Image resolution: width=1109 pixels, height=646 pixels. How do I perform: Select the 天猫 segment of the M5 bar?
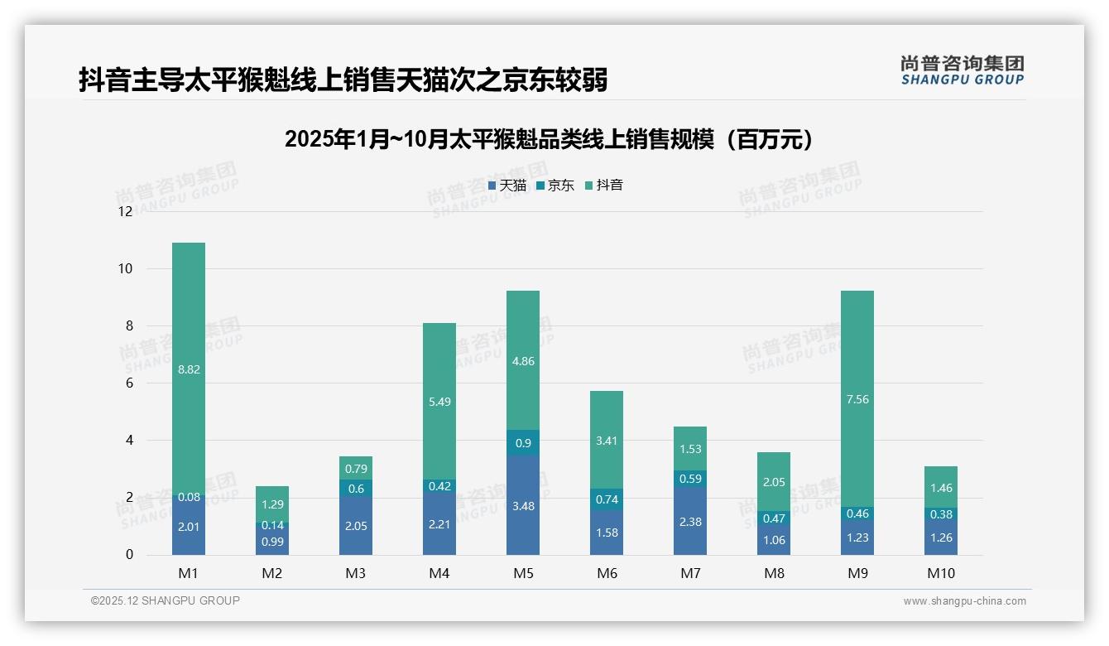click(522, 504)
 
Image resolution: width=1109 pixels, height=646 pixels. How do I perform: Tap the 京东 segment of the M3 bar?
click(356, 489)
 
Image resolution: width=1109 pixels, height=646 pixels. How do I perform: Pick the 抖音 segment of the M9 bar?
click(857, 398)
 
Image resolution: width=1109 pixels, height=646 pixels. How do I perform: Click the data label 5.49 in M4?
click(439, 402)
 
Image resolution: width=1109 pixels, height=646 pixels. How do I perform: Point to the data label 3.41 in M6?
click(607, 441)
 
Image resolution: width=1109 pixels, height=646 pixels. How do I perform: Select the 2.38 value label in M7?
click(690, 521)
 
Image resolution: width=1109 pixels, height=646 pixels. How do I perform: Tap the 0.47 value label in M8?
click(774, 518)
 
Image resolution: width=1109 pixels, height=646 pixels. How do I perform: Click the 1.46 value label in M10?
click(941, 488)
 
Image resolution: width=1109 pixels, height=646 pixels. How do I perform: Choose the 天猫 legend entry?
click(506, 186)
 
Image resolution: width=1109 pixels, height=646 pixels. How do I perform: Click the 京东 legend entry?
click(555, 186)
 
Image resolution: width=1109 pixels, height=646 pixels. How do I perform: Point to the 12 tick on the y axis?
click(125, 211)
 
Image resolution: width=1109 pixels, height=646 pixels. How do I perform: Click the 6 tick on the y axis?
click(128, 383)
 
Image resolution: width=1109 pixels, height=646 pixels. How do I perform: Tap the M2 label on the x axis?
click(272, 573)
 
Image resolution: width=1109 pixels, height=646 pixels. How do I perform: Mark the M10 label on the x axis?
click(941, 573)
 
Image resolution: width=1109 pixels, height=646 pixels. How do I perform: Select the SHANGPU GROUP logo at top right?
click(962, 70)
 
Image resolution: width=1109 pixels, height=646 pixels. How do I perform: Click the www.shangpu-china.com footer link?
click(964, 601)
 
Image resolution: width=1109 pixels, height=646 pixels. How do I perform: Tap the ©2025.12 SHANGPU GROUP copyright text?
click(166, 601)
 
